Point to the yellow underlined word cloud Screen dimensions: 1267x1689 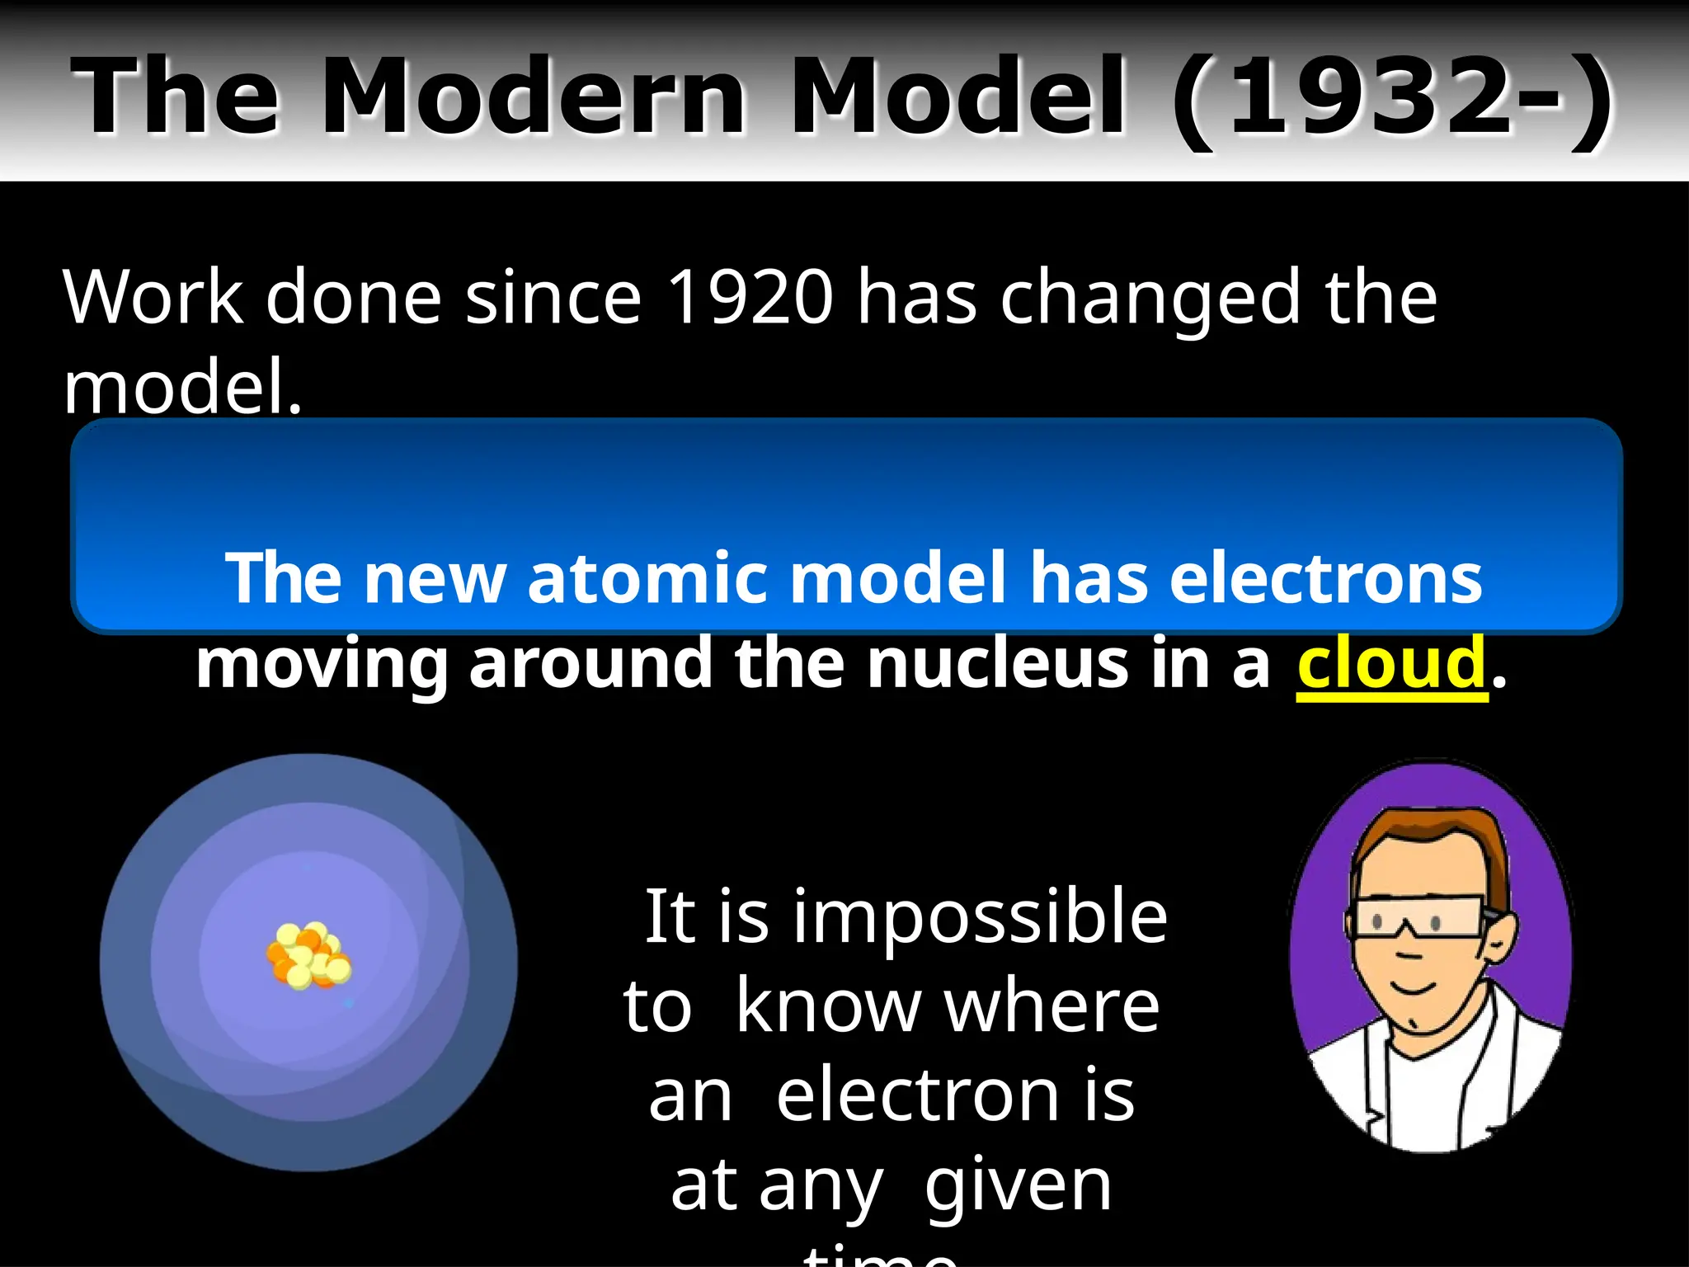point(1391,664)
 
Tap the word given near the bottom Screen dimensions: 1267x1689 point(1018,1188)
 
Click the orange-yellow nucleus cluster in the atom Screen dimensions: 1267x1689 point(308,955)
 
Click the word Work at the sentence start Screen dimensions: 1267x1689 point(153,297)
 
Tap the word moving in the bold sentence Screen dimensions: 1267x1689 point(322,664)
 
